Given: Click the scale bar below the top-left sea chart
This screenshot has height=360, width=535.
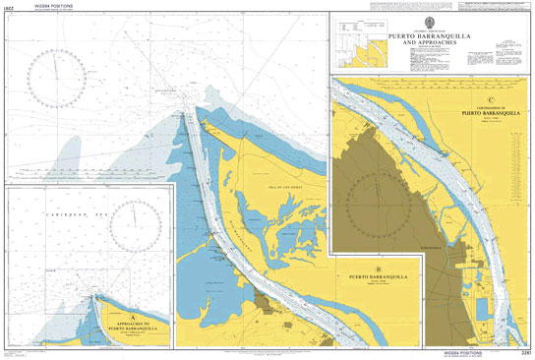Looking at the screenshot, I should [89, 181].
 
